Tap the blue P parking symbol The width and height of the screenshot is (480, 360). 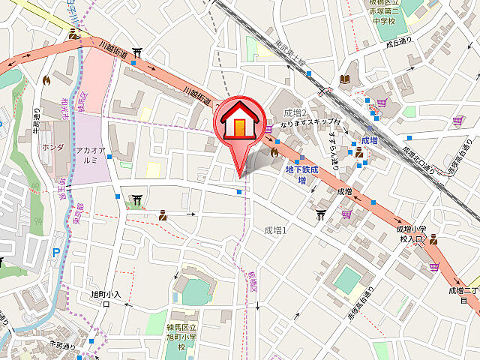pos(55,254)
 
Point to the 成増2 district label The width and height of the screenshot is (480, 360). pos(295,113)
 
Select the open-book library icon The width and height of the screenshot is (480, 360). pos(345,79)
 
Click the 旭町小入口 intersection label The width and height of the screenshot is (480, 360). pos(105,299)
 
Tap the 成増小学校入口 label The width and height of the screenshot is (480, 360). pos(412,234)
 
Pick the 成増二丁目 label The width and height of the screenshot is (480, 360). pos(463,295)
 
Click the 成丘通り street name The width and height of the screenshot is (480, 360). pos(400,43)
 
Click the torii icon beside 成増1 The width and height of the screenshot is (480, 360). pos(321,216)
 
